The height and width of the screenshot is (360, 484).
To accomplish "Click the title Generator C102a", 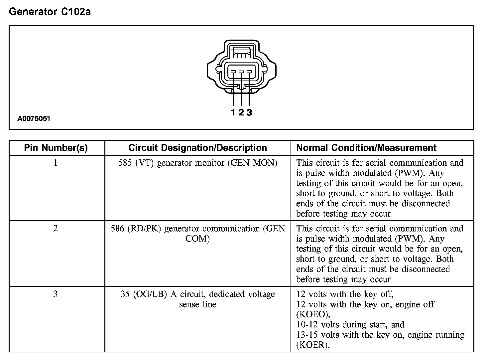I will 50,12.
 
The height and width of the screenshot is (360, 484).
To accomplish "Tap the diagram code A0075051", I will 34,118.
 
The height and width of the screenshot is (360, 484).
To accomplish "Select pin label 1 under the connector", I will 233,112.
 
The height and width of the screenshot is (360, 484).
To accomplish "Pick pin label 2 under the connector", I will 241,112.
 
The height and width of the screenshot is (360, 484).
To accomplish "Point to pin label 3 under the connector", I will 249,112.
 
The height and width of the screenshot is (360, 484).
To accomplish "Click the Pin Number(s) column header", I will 56,148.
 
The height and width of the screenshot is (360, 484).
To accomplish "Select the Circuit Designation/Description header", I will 197,148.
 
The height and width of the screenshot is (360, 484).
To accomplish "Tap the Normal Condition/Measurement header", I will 366,148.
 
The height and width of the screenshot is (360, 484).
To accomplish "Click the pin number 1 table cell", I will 56,163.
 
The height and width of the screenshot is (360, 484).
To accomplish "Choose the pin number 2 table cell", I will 56,228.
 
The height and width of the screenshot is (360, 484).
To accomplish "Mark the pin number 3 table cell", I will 56,294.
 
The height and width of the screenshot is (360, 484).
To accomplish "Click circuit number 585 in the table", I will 125,163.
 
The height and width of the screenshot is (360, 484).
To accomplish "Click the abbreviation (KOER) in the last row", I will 312,345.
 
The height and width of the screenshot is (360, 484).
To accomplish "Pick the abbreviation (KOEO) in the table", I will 313,314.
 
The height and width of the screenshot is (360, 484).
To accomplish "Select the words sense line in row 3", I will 197,304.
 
